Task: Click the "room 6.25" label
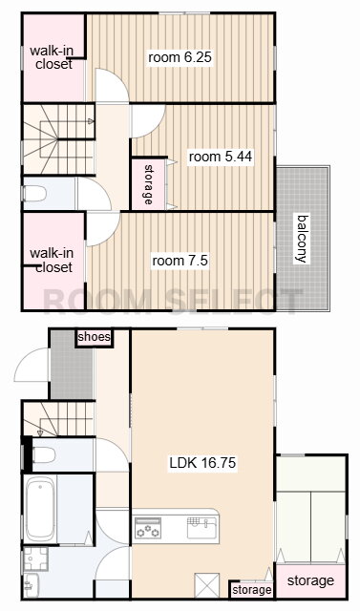coord(180,57)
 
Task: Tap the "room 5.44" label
coord(221,157)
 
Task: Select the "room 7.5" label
coord(180,261)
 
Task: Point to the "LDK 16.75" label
coord(202,463)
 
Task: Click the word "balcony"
coord(303,239)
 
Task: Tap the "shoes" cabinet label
coord(94,337)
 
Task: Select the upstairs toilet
coord(34,193)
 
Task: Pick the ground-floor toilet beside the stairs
coord(43,454)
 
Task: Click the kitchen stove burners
coord(147,527)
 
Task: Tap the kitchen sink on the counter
coord(201,527)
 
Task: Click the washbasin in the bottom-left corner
coord(31,585)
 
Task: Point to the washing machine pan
coord(35,558)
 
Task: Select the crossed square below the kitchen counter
coord(207,585)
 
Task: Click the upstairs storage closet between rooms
coord(149,183)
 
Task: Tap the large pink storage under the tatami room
coord(310,580)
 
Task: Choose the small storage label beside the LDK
coord(252,590)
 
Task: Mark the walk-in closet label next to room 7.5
coord(53,261)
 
